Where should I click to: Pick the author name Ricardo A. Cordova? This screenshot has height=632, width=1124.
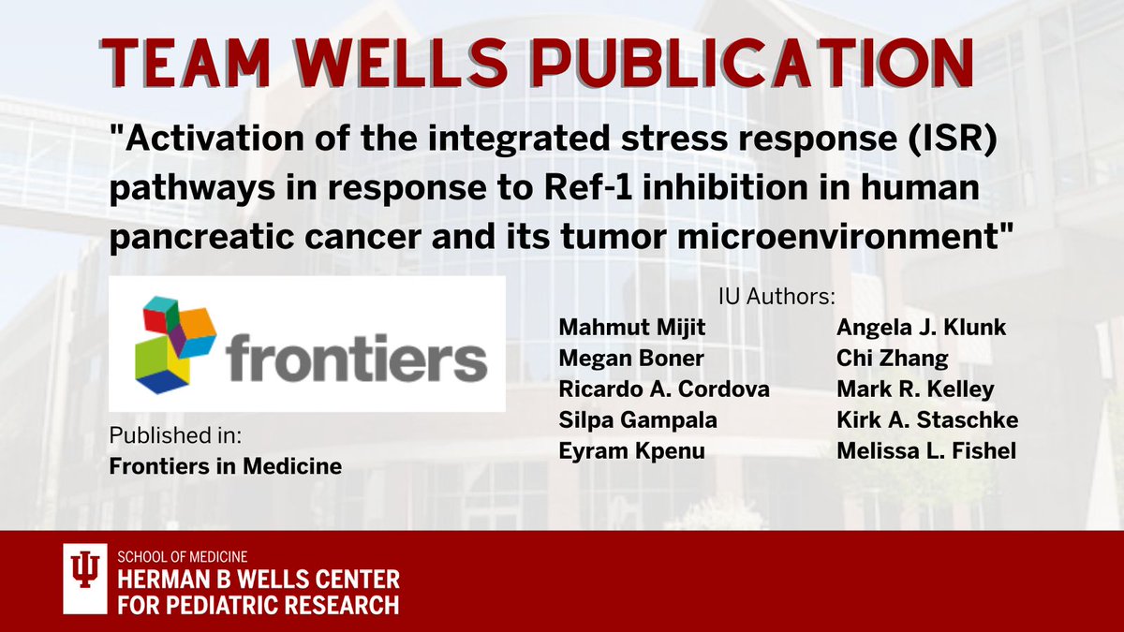click(663, 389)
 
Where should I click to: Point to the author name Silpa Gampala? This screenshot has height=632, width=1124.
click(637, 420)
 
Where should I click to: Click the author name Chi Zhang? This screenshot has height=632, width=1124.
click(879, 359)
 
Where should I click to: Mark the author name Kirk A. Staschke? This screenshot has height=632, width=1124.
click(912, 420)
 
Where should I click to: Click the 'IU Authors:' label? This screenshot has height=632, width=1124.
click(776, 298)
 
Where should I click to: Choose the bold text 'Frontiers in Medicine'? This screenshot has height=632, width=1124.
click(225, 465)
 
